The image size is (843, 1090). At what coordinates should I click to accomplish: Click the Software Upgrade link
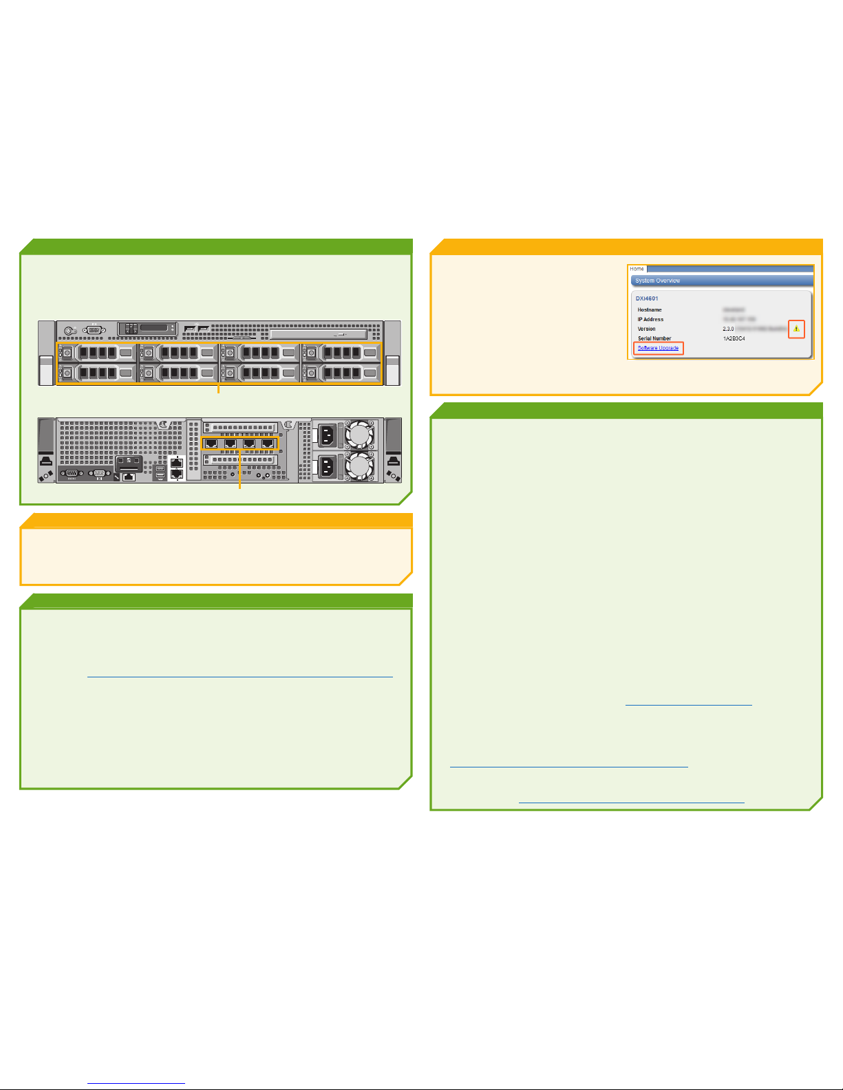[658, 348]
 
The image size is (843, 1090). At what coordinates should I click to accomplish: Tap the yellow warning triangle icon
[796, 329]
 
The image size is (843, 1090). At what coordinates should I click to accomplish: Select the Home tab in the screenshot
[637, 269]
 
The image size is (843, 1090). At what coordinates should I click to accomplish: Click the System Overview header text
[657, 281]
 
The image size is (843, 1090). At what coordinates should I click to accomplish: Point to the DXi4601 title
[647, 298]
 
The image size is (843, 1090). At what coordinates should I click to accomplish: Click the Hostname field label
[650, 310]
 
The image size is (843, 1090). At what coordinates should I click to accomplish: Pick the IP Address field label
[650, 320]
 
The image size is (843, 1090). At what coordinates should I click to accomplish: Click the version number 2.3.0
[728, 329]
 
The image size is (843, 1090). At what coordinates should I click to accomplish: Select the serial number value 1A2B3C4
[734, 338]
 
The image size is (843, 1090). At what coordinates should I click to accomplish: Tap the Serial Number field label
[654, 338]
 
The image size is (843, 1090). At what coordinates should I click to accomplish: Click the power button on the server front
[71, 330]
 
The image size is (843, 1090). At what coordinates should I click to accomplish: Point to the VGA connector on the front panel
[95, 330]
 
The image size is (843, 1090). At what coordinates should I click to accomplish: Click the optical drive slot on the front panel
[323, 334]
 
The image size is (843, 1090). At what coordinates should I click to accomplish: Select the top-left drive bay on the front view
[97, 353]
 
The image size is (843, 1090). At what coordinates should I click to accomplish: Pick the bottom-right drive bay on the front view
[341, 374]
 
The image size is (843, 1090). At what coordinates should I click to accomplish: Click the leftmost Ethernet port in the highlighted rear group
[212, 444]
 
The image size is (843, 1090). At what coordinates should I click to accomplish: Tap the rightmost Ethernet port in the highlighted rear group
[268, 444]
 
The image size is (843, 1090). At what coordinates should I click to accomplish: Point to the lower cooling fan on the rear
[359, 466]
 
